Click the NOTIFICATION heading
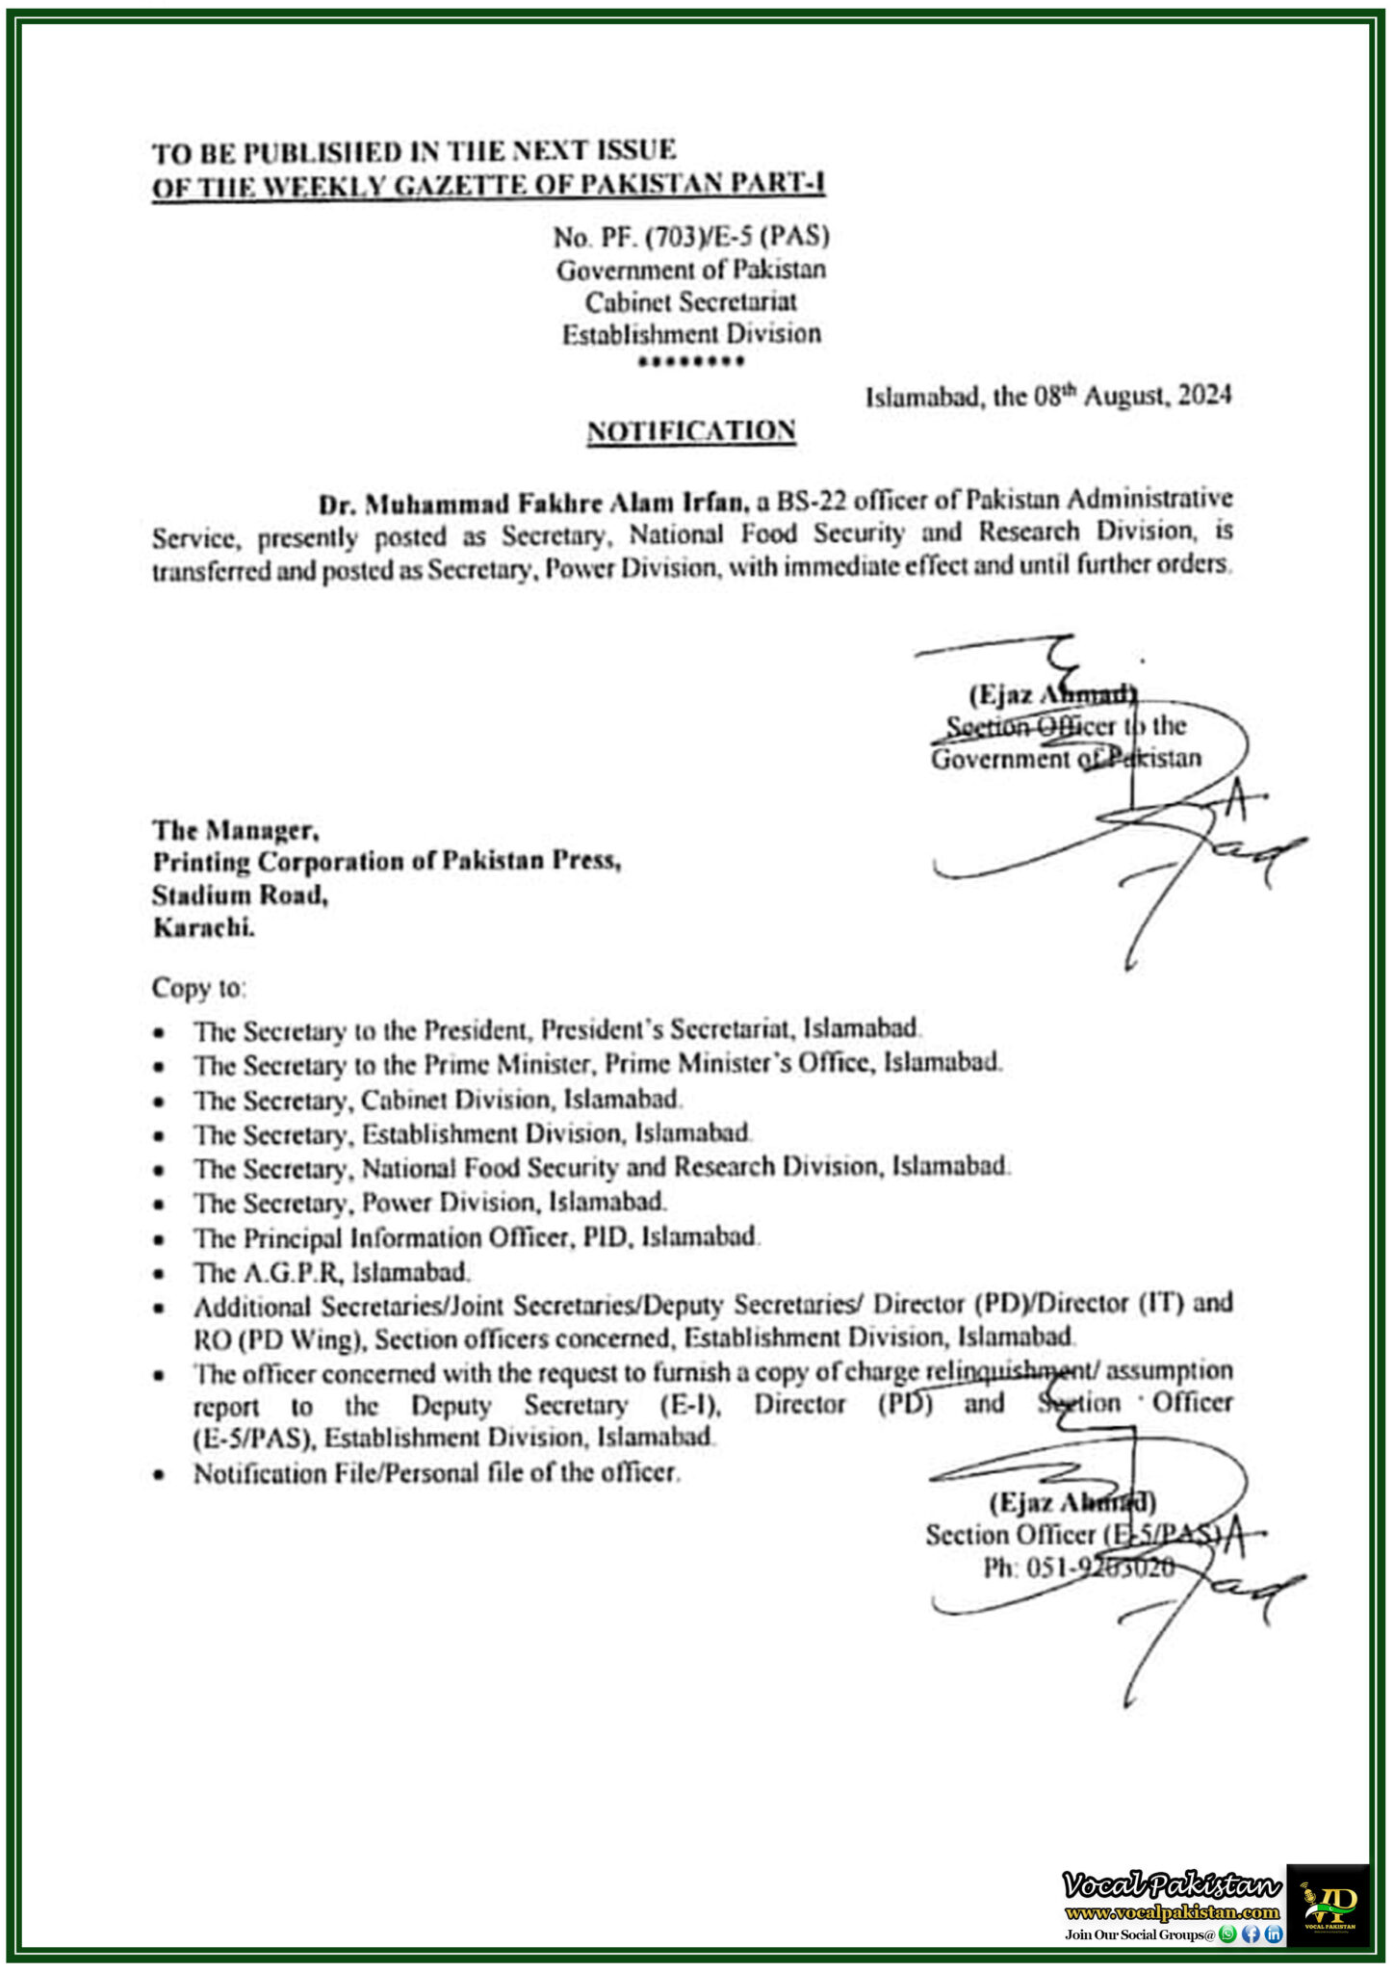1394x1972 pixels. [691, 430]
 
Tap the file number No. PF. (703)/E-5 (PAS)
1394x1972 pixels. [690, 236]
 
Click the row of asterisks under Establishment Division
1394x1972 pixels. [691, 363]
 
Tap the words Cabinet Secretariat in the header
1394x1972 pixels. [690, 301]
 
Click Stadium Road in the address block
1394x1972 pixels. [240, 895]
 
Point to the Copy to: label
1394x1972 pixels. [198, 988]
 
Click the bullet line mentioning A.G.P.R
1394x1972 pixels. [331, 1272]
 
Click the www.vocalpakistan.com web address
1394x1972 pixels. [1172, 1912]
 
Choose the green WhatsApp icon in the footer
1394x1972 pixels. [1226, 1933]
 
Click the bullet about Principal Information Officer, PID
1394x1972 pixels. [477, 1236]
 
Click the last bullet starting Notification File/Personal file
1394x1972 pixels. [436, 1472]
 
